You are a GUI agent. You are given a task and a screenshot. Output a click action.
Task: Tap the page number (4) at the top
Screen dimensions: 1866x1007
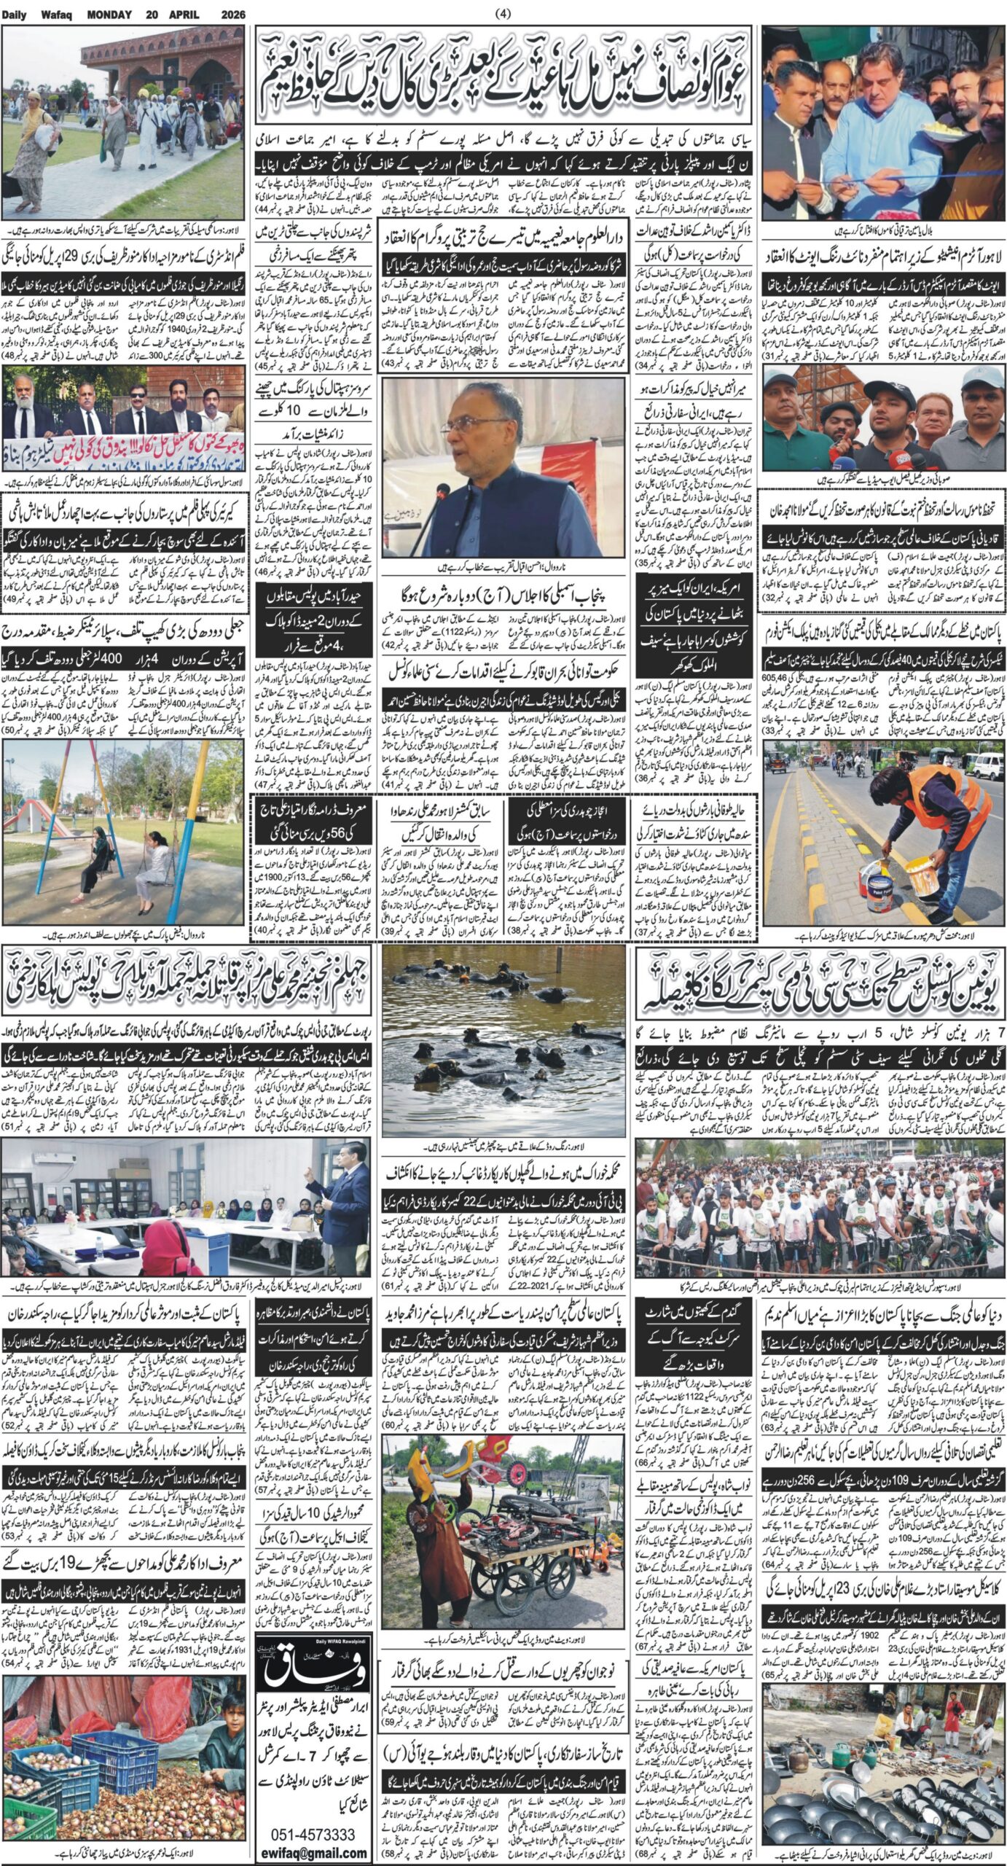503,13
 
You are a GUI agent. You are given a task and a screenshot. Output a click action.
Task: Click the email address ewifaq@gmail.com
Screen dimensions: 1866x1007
313,1848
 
